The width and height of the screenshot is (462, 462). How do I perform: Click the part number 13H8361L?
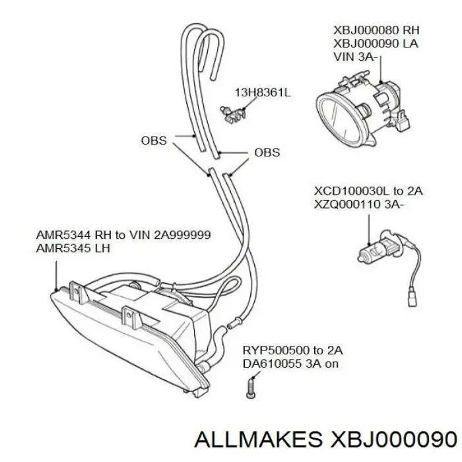263,92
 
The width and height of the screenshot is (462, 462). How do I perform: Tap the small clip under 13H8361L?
233,114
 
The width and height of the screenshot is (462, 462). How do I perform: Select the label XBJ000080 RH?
376,30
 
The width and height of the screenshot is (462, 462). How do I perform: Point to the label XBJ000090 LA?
376,44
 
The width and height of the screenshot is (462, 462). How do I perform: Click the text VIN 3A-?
355,56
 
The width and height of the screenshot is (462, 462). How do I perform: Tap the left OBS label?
154,141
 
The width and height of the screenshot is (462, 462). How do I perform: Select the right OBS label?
267,152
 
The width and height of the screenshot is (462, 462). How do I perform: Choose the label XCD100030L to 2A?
368,191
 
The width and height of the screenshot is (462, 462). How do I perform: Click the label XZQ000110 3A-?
358,204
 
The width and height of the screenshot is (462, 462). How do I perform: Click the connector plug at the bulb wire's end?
412,299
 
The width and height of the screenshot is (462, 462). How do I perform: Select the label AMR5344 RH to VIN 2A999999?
123,235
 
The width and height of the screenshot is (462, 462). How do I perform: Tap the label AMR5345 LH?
73,248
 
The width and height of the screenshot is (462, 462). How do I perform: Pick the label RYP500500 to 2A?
292,350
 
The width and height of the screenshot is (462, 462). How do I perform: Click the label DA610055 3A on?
290,364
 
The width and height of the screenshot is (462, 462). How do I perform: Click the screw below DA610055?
250,388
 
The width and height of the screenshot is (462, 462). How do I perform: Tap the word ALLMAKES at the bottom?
258,440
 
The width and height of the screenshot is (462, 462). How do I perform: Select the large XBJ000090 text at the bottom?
394,440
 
